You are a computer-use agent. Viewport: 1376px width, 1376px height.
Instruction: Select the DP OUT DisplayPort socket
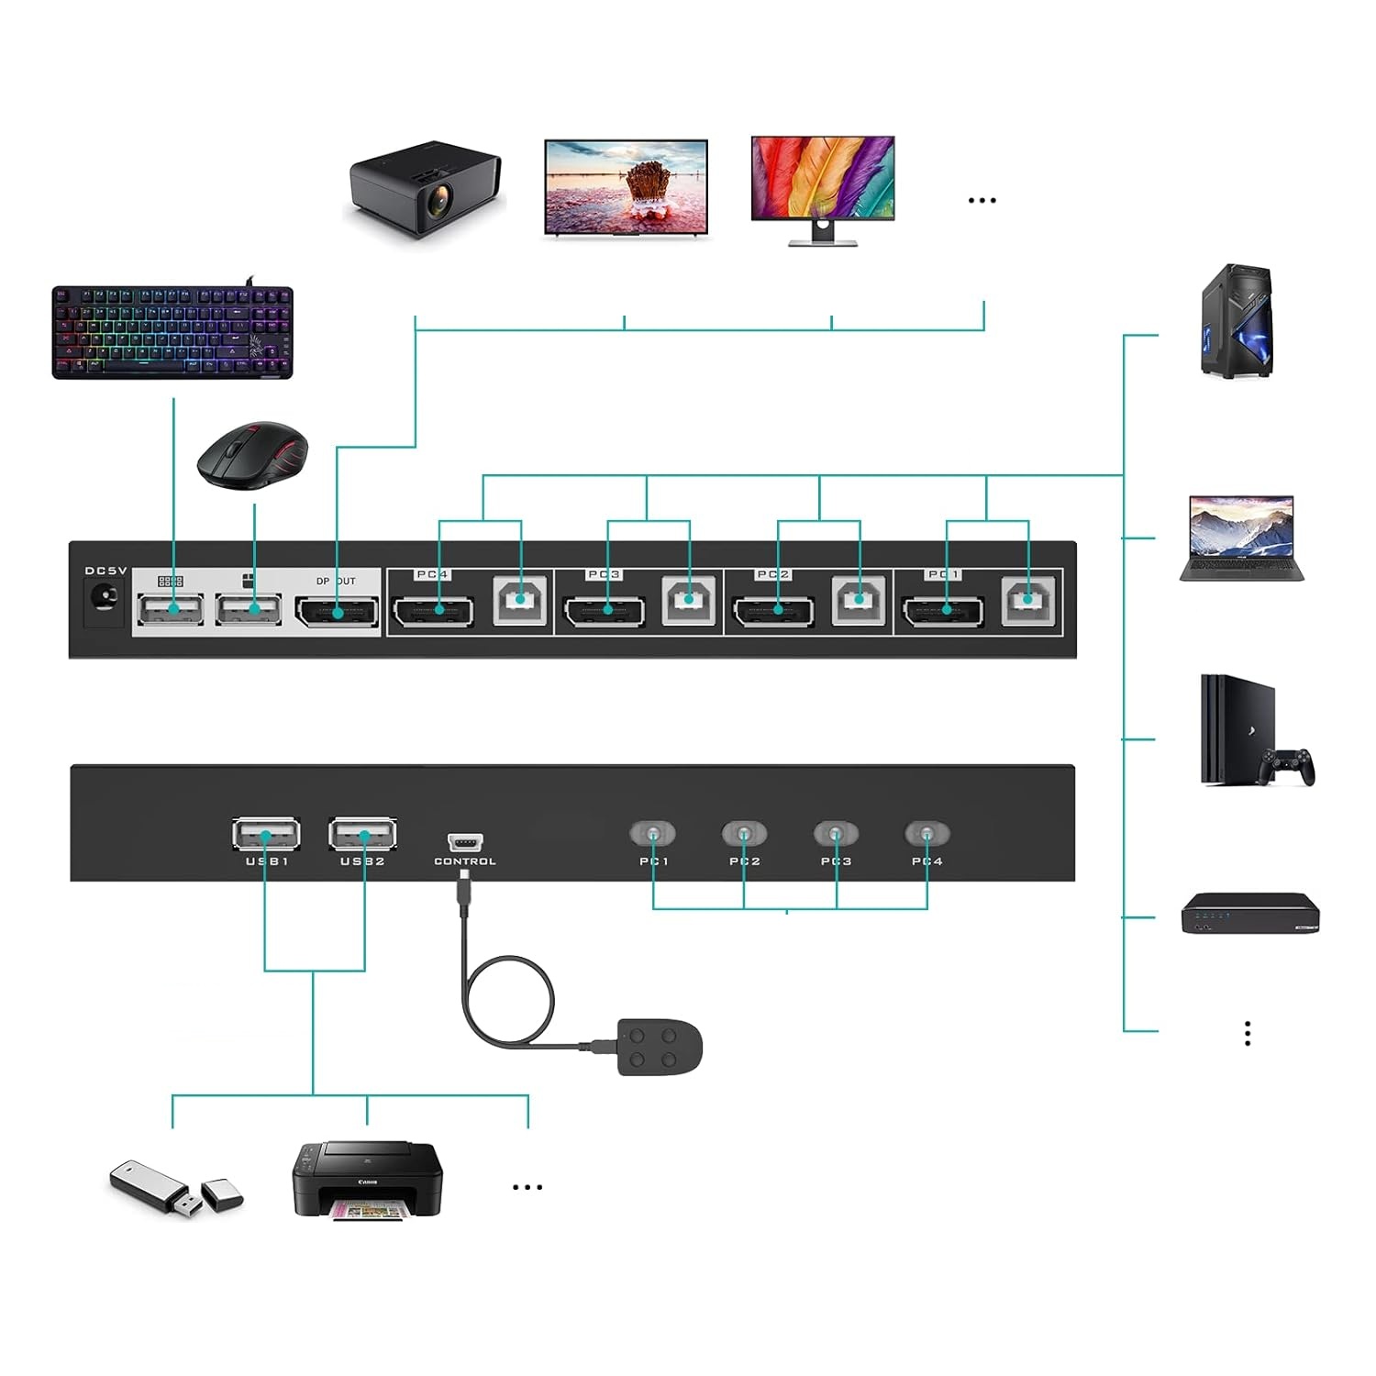337,612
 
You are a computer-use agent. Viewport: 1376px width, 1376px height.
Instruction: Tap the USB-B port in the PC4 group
520,601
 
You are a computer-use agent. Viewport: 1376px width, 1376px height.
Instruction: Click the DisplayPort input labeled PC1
944,611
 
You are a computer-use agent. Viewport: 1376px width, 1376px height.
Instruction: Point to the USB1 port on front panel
266,835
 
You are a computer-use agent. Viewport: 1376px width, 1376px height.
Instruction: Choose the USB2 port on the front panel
363,835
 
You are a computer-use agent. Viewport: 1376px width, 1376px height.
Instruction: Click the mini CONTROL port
465,842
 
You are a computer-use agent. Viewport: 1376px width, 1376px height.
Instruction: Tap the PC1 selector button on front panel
652,834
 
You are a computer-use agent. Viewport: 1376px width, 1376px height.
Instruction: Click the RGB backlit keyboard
172,332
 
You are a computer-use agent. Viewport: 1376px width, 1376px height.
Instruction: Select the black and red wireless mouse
253,455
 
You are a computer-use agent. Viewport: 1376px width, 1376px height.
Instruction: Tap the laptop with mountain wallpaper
1241,538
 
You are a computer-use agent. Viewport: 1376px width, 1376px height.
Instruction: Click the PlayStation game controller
1288,766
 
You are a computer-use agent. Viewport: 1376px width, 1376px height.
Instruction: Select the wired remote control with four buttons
660,1047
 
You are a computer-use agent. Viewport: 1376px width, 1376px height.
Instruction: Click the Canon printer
367,1180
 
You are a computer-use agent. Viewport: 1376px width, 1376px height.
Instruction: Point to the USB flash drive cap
222,1193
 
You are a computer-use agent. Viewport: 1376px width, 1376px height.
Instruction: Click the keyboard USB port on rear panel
171,609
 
